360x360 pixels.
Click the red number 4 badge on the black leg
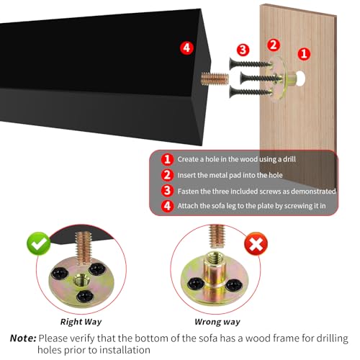186,48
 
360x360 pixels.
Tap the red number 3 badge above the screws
243,50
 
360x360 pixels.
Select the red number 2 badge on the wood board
274,45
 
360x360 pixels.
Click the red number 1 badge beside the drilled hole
304,53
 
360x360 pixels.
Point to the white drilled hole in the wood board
300,78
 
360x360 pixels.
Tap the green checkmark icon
39,243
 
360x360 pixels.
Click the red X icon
256,244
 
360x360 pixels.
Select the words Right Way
81,322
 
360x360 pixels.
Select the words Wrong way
217,322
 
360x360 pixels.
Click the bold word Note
23,338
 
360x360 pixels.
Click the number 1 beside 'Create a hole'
167,159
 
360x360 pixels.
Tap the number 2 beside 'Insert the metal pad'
167,175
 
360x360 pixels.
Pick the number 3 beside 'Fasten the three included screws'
167,191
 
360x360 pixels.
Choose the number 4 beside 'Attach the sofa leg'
167,206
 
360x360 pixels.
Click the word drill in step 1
289,159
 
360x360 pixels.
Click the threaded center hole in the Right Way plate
81,280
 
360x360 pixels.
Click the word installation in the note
125,350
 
